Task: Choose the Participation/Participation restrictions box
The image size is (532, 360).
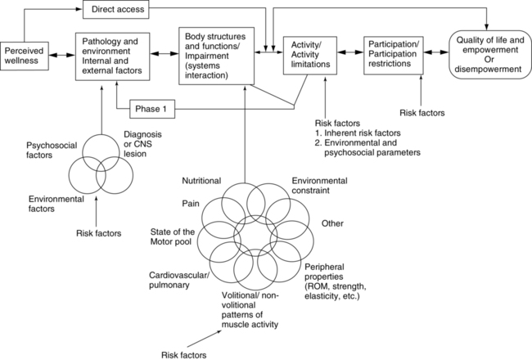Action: tap(398, 54)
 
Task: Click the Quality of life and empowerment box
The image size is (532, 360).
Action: tap(488, 54)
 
